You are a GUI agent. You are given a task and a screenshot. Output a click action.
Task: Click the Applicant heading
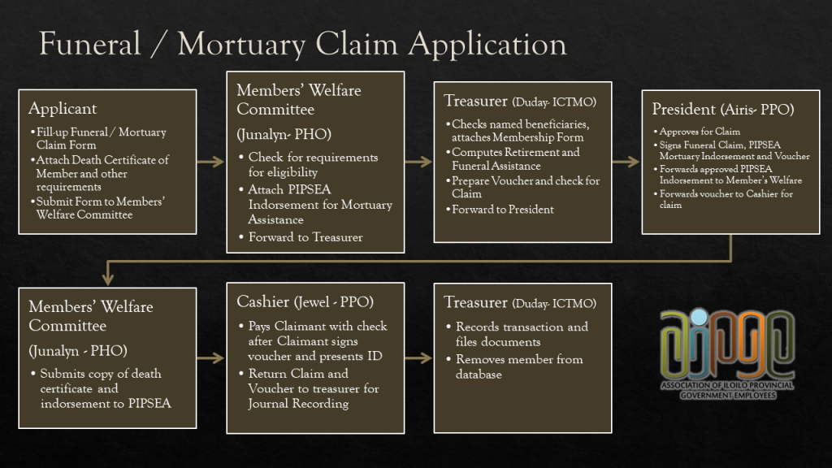click(63, 109)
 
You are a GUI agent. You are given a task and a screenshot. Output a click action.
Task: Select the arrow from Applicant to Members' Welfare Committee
click(211, 162)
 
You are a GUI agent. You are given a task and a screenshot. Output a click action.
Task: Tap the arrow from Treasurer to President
click(626, 162)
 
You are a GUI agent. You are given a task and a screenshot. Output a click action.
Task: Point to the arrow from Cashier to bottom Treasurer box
click(419, 357)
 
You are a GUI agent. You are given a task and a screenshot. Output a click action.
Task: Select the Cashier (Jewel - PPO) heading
click(305, 302)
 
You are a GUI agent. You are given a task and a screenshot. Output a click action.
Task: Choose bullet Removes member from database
click(518, 366)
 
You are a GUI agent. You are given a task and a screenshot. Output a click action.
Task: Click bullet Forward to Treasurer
click(305, 237)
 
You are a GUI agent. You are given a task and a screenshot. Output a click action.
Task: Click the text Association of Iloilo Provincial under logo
click(727, 385)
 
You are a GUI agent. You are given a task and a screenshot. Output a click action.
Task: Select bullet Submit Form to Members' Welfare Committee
click(101, 208)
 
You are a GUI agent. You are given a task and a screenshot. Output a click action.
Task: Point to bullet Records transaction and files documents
click(521, 334)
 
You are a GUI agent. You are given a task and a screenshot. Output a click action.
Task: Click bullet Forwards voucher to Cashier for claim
click(726, 199)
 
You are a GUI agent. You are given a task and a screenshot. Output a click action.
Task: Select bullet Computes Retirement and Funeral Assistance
click(515, 158)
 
